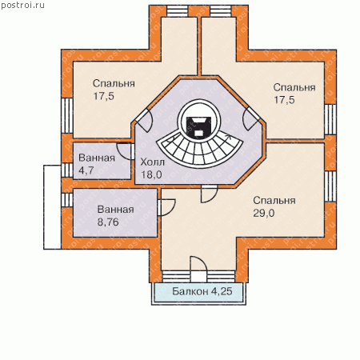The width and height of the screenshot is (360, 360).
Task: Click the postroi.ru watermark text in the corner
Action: pyautogui.click(x=22, y=6)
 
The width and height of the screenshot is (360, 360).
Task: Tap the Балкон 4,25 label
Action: pyautogui.click(x=202, y=291)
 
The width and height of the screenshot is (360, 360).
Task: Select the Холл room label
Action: pyautogui.click(x=153, y=162)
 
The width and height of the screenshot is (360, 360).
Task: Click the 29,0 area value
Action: pyautogui.click(x=263, y=213)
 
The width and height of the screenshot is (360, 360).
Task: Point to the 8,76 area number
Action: pyautogui.click(x=108, y=222)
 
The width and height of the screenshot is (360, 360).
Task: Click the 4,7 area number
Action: pyautogui.click(x=86, y=170)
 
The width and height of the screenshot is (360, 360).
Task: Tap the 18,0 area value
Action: pyautogui.click(x=151, y=174)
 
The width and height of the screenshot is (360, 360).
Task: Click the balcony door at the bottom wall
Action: pyautogui.click(x=198, y=269)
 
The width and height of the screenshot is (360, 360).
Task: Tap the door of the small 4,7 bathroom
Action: pyautogui.click(x=126, y=151)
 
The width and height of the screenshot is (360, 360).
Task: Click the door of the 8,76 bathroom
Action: pyautogui.click(x=166, y=207)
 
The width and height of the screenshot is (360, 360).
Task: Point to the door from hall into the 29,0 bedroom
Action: pyautogui.click(x=209, y=194)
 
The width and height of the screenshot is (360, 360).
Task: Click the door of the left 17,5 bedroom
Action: pyautogui.click(x=144, y=121)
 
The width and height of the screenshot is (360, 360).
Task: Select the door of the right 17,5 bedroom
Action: pyautogui.click(x=252, y=118)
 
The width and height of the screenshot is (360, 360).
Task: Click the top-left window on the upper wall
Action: pyautogui.click(x=178, y=11)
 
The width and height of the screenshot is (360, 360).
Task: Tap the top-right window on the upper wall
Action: pyautogui.click(x=221, y=11)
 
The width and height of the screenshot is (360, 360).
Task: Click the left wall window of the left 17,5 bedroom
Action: pyautogui.click(x=67, y=115)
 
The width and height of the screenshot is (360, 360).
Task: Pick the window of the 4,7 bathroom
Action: pyautogui.click(x=67, y=170)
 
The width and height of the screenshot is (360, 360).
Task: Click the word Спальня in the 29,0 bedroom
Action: pyautogui.click(x=274, y=201)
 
